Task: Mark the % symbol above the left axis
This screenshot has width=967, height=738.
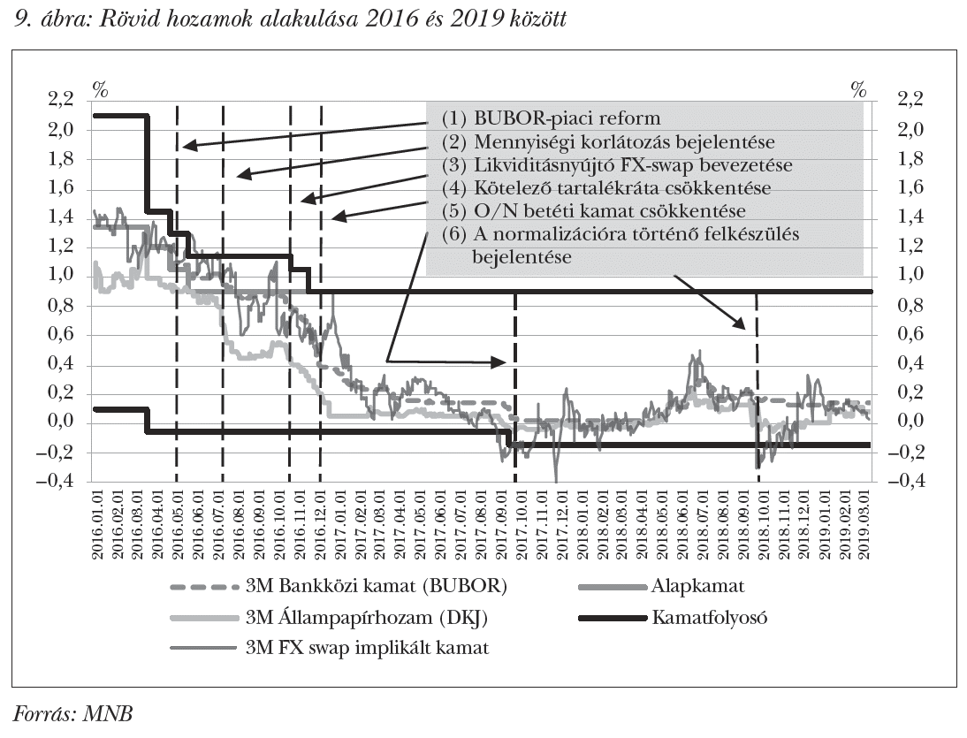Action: pos(100,87)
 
